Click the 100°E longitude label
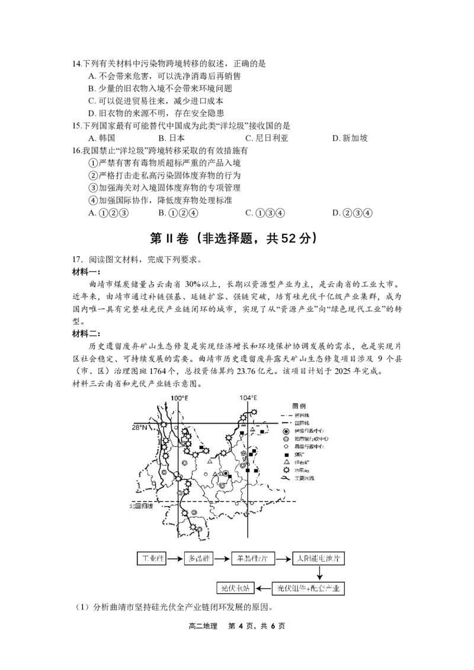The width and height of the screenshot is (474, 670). click(179, 398)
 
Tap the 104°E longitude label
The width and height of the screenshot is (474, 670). click(248, 398)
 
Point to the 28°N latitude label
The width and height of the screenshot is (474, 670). click(140, 427)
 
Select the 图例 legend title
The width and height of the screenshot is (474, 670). click(300, 406)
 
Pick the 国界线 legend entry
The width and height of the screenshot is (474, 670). click(302, 423)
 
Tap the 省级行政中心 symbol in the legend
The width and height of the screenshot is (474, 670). click(286, 431)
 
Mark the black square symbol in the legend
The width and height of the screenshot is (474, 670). click(286, 455)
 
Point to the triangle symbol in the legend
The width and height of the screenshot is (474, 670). click(286, 462)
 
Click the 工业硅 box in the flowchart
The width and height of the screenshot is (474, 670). click(151, 558)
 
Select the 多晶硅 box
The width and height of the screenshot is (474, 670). click(198, 558)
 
